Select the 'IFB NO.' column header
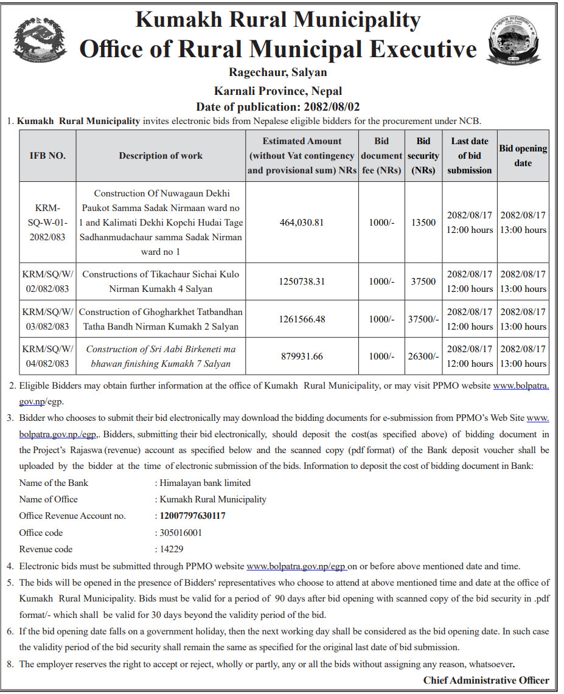(47, 156)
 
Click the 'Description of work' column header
(161, 156)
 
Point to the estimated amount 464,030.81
(302, 223)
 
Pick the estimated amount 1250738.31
(302, 282)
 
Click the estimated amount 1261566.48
(302, 319)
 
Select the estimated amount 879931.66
(302, 356)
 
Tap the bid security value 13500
(423, 223)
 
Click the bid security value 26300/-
(423, 356)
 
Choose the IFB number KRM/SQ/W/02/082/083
(47, 282)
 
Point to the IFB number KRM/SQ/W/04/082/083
(47, 356)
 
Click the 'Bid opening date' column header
(523, 156)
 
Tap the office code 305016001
(181, 532)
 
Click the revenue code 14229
(172, 549)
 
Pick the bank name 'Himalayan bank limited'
(205, 483)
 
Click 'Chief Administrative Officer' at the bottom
(486, 680)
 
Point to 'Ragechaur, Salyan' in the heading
(278, 72)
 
